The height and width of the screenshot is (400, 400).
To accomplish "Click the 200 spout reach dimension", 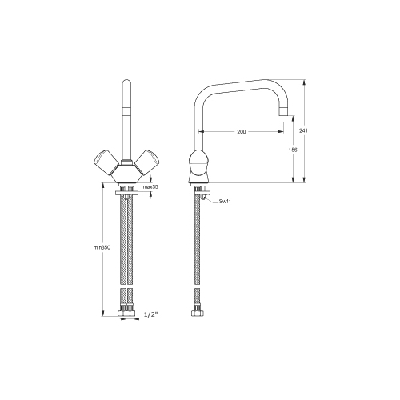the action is [x=242, y=131].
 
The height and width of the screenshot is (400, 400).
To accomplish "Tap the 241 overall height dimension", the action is [x=303, y=130].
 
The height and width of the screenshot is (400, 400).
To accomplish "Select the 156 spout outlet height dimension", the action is [x=293, y=150].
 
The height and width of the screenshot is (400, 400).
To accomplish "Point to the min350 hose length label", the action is [x=102, y=247].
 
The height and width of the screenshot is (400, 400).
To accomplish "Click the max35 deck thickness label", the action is [x=150, y=187].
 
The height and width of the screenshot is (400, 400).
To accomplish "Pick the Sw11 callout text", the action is [x=225, y=201].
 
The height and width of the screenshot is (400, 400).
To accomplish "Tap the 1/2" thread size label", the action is [x=151, y=314].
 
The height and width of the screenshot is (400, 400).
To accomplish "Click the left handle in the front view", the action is [x=106, y=162].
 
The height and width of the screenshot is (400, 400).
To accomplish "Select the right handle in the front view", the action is [x=146, y=162].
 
